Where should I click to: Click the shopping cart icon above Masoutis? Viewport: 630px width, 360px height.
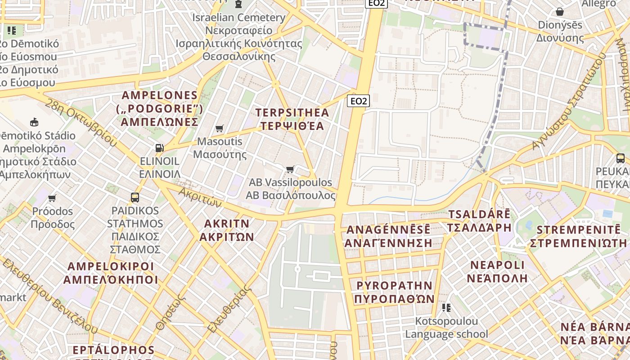(220, 129)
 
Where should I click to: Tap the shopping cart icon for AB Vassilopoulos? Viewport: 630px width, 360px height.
(290, 170)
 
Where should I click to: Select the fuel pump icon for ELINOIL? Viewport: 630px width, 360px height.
(159, 148)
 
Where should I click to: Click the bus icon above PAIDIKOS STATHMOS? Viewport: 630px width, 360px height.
(135, 197)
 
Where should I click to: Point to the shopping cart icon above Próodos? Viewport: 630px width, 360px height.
(52, 198)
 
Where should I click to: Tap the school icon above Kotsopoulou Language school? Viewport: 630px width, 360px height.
(446, 308)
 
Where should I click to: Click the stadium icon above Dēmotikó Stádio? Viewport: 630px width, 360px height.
(34, 122)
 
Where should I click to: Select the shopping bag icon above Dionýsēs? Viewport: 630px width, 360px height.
(560, 12)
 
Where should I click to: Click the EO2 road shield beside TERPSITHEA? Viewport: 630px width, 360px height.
(358, 101)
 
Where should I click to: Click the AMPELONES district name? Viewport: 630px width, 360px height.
(160, 108)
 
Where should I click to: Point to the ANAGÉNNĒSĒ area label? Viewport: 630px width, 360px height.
(388, 236)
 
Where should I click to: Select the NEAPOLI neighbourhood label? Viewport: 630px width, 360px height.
(497, 271)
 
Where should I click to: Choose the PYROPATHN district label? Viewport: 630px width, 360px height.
(394, 292)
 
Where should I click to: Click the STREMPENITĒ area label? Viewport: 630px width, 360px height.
(578, 236)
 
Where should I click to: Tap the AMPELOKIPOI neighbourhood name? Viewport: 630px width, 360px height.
(111, 273)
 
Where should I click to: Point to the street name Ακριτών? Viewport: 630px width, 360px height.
(200, 197)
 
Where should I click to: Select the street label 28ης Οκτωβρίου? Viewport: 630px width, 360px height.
(81, 122)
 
